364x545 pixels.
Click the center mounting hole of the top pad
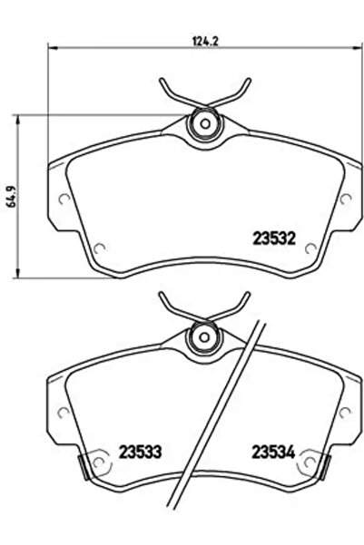point(203,123)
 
